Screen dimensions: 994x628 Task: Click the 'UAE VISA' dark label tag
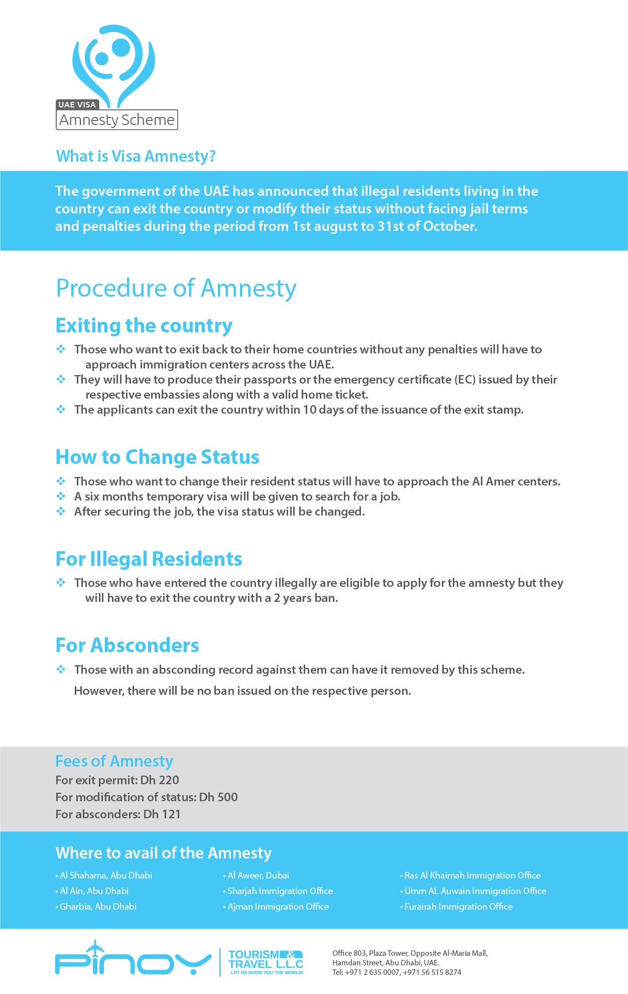click(x=77, y=104)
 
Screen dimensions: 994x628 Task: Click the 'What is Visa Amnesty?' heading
click(x=136, y=156)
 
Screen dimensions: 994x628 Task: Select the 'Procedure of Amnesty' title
click(x=176, y=288)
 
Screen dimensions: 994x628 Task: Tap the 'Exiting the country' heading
click(x=144, y=325)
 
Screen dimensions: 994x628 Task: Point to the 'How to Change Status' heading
click(x=157, y=457)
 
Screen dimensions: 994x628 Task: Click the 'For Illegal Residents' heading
click(x=149, y=559)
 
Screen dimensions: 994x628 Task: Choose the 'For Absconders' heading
click(x=127, y=645)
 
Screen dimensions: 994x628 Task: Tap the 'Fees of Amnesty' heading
click(x=114, y=761)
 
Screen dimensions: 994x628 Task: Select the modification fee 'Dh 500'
click(x=218, y=797)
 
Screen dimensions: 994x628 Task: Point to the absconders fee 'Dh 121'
click(x=162, y=814)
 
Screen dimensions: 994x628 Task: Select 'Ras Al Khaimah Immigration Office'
click(x=472, y=876)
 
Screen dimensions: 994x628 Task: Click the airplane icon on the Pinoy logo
click(x=94, y=948)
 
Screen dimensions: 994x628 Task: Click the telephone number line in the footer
click(x=397, y=972)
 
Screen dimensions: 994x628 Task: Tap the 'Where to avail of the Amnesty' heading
click(x=164, y=853)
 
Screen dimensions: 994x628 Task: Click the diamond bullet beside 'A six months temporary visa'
click(x=61, y=496)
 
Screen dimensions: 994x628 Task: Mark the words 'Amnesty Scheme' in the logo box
click(x=116, y=120)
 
